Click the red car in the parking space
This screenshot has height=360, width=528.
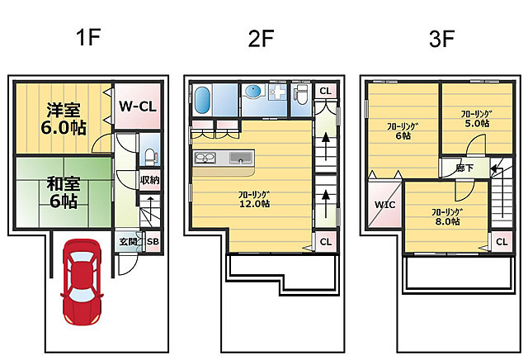point(82,282)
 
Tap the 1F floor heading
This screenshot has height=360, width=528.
point(88,37)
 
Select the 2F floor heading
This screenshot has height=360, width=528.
point(261,38)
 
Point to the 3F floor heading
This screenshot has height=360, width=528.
point(442,39)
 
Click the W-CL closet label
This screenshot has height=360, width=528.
point(138,107)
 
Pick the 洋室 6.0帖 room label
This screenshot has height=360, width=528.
point(64,119)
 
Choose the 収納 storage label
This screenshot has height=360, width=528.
point(150,180)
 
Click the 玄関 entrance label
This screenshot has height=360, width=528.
point(129,241)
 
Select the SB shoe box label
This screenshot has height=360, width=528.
point(153,241)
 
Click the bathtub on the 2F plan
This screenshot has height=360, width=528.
point(202,101)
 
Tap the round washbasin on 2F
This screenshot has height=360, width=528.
point(253,91)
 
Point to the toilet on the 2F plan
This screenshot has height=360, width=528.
point(300,94)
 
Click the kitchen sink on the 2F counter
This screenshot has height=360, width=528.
point(240,158)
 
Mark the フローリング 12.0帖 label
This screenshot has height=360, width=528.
point(254,199)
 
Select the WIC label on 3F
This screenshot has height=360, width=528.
point(385,205)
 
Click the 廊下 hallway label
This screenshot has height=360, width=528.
point(465,168)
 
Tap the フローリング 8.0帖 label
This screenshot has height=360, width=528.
point(447,216)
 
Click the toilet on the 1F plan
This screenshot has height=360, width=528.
point(150,157)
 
